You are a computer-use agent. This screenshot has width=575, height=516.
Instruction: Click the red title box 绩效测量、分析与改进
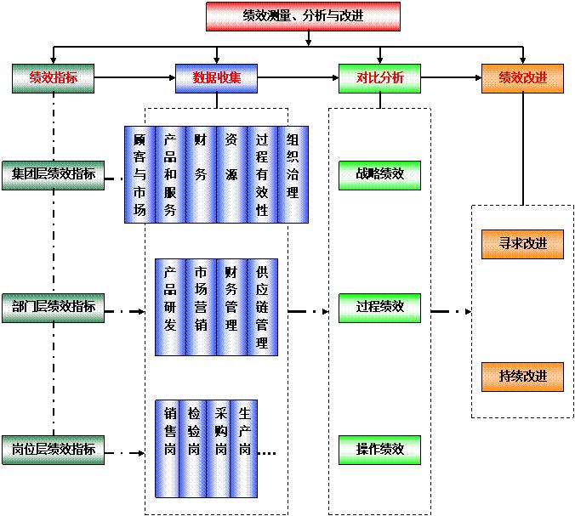pyautogui.click(x=302, y=16)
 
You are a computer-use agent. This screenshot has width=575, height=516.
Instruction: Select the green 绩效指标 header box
pyautogui.click(x=52, y=78)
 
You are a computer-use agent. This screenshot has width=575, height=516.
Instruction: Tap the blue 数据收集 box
pyautogui.click(x=216, y=78)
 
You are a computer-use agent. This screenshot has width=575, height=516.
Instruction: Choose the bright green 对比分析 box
pyautogui.click(x=379, y=78)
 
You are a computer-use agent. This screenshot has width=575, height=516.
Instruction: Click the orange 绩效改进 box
pyautogui.click(x=522, y=78)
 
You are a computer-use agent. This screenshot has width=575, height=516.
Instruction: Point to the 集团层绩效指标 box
pyautogui.click(x=53, y=174)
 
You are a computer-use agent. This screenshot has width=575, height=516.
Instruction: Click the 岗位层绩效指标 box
pyautogui.click(x=53, y=448)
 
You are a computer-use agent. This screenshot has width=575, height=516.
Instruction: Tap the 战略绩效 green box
pyautogui.click(x=379, y=174)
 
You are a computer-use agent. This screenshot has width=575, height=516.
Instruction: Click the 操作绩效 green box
pyautogui.click(x=379, y=448)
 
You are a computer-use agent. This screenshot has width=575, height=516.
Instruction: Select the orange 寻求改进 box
pyautogui.click(x=522, y=243)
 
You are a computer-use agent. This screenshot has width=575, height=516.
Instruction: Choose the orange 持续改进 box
pyautogui.click(x=522, y=375)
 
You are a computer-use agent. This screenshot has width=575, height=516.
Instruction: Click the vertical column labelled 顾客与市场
pyautogui.click(x=139, y=174)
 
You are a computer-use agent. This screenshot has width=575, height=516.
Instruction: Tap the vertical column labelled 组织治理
pyautogui.click(x=293, y=174)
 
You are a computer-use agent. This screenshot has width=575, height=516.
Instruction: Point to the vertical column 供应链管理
pyautogui.click(x=262, y=307)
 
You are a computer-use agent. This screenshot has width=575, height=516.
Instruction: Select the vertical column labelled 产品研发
pyautogui.click(x=170, y=307)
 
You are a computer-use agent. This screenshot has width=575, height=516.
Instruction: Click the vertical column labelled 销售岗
pyautogui.click(x=170, y=448)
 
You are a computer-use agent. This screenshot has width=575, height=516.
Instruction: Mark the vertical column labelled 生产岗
pyautogui.click(x=245, y=448)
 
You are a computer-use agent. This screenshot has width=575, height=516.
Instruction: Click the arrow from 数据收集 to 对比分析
pyautogui.click(x=297, y=78)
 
